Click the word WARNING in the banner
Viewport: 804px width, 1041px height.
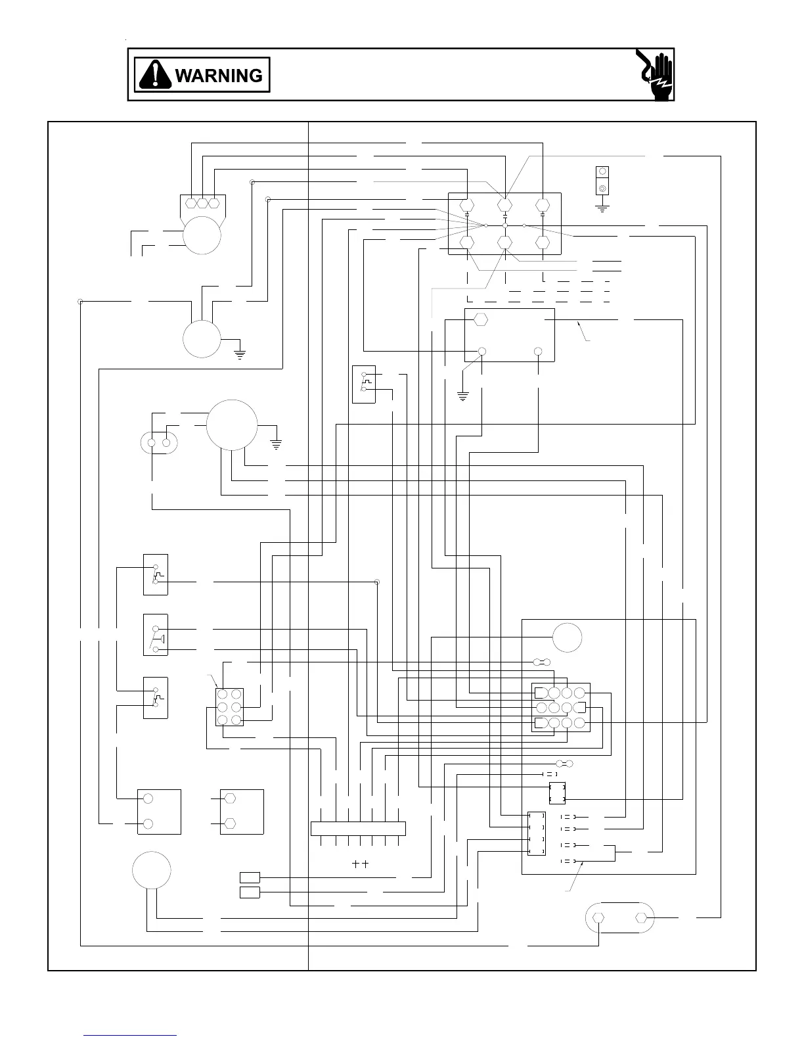[219, 76]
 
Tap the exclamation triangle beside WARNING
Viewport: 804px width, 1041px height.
[155, 74]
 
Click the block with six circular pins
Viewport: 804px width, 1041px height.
[229, 707]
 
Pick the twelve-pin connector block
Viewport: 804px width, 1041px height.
[560, 707]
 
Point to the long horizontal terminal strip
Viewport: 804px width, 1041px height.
[358, 828]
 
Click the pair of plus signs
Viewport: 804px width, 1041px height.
[360, 864]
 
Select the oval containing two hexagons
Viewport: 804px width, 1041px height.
[619, 917]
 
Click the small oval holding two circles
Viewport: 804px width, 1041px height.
[159, 442]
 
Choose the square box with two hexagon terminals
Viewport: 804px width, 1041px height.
[242, 812]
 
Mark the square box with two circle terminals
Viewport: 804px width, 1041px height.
[159, 812]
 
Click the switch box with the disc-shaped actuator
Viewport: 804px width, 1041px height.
[156, 635]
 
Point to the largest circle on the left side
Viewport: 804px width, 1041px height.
[232, 425]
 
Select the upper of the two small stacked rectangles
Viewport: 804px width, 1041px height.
[250, 877]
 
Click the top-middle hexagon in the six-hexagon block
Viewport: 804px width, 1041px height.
[504, 204]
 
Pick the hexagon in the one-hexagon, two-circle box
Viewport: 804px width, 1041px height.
[480, 319]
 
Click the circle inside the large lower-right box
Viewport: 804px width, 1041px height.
[567, 637]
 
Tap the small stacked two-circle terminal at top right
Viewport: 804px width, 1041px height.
[602, 180]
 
